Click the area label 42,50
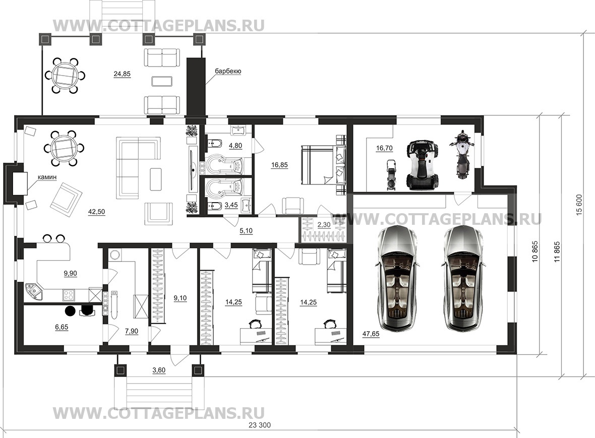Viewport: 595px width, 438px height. pyautogui.click(x=96, y=212)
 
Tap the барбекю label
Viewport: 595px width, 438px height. pyautogui.click(x=228, y=71)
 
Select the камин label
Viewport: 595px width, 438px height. pyautogui.click(x=47, y=177)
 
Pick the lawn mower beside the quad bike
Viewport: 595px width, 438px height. pyautogui.click(x=390, y=174)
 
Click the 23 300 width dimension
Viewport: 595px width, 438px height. pyautogui.click(x=260, y=425)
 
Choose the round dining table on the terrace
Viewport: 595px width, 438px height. pyautogui.click(x=64, y=75)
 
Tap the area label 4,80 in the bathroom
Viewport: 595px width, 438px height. pyautogui.click(x=235, y=146)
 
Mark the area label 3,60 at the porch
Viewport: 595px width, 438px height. pyautogui.click(x=159, y=370)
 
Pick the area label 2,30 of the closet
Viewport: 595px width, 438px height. pyautogui.click(x=324, y=224)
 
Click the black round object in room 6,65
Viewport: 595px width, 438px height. pyautogui.click(x=70, y=311)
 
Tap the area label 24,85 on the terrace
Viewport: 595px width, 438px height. pyautogui.click(x=122, y=74)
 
